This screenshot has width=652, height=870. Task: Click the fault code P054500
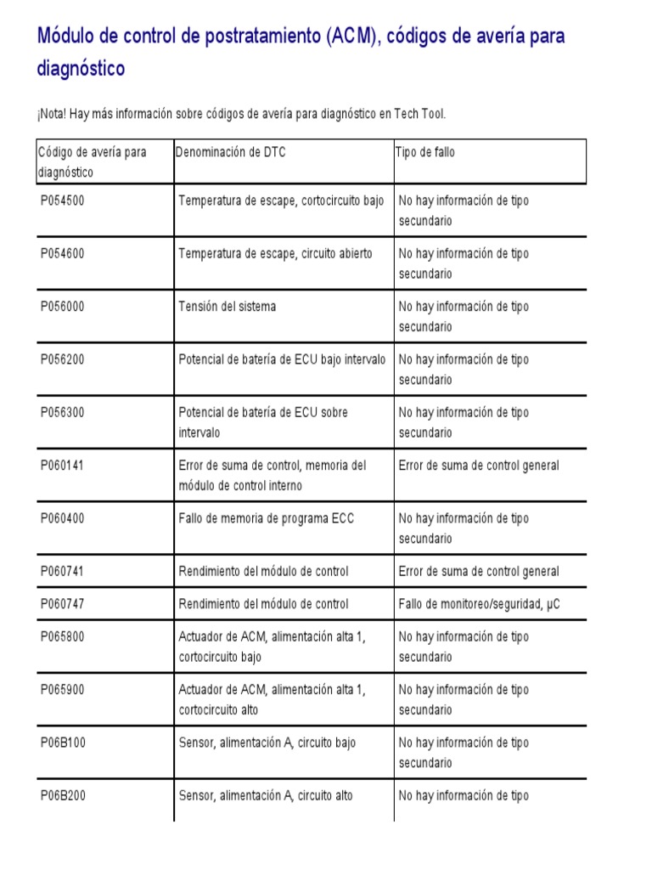[63, 201]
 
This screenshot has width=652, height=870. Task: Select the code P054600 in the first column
[63, 253]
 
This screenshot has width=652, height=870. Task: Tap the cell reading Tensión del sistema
[228, 306]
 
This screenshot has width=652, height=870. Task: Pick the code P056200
[63, 359]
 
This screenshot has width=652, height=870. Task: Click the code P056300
[63, 412]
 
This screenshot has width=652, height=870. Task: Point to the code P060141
[63, 466]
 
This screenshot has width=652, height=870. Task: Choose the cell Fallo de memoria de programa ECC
[267, 518]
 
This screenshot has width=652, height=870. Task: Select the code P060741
[63, 571]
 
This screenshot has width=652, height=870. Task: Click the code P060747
[63, 604]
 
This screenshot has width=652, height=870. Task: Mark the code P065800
[63, 636]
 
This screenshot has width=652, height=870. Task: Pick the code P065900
[63, 690]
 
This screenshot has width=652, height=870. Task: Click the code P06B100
[63, 743]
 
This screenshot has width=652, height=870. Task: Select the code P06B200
[63, 796]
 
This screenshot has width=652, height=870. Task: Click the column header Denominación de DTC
[231, 152]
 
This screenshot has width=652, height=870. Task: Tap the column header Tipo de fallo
[425, 152]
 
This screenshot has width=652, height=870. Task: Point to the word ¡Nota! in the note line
[54, 113]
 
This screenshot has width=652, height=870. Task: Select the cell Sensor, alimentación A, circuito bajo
[267, 743]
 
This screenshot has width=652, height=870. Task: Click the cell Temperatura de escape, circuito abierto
[275, 253]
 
